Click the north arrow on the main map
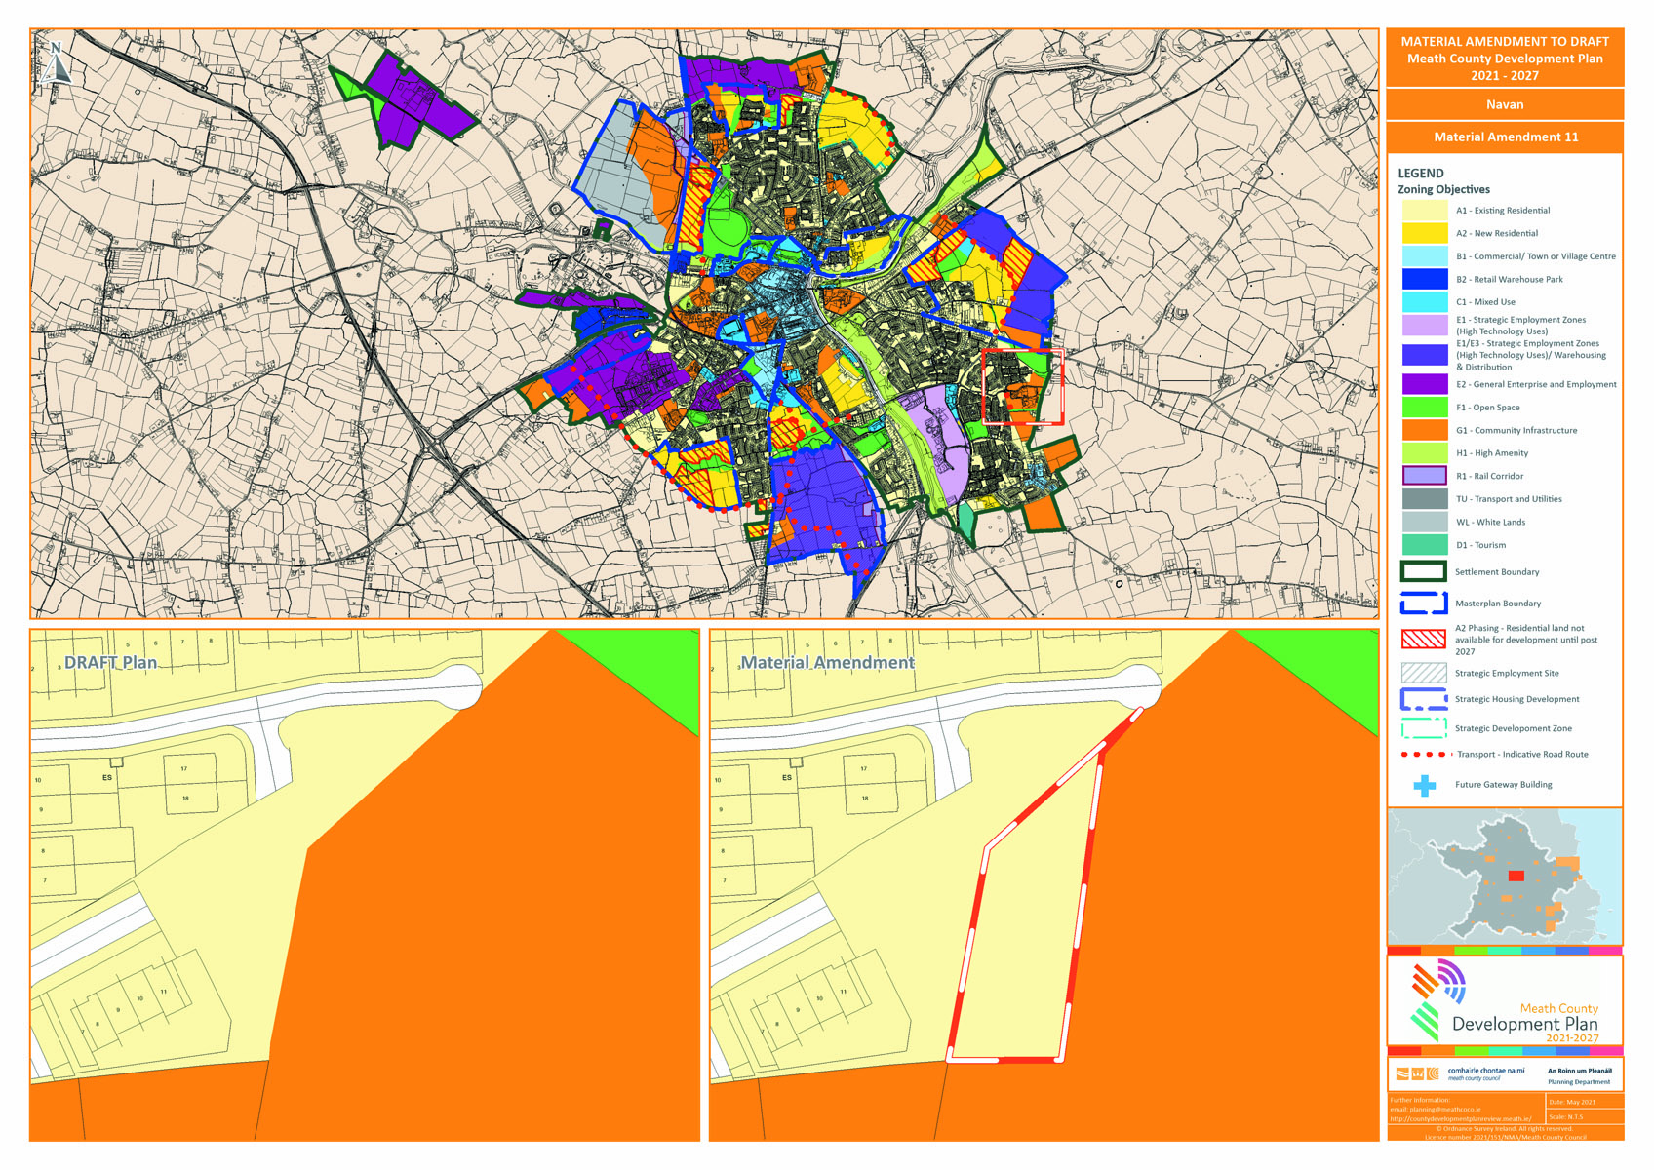point(57,61)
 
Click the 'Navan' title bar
point(1504,104)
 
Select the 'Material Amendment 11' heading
point(1505,137)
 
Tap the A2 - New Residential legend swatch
point(1424,233)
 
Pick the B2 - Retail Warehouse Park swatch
point(1424,279)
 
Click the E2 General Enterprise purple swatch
point(1424,384)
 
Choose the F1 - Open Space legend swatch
point(1424,408)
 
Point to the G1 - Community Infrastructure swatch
point(1424,430)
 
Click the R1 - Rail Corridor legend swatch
point(1424,476)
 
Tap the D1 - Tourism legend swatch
point(1424,545)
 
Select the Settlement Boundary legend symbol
point(1423,572)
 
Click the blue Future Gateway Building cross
point(1425,785)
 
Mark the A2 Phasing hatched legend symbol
point(1423,640)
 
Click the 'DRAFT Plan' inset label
point(110,663)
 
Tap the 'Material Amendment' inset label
point(827,663)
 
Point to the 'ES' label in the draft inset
point(107,778)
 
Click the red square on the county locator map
point(1516,876)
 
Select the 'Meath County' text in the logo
point(1558,1008)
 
